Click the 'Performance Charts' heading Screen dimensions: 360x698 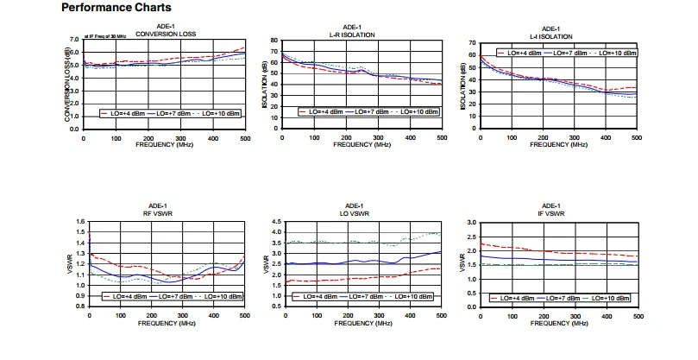point(116,8)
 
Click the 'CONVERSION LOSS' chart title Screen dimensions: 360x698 point(164,35)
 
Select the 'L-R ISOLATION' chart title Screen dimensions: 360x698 point(353,35)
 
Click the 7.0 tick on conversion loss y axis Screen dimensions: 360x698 point(72,40)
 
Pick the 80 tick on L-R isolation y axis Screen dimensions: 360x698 point(273,41)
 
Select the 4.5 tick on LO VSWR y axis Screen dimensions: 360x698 point(276,222)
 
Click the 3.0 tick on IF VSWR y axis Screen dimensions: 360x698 point(471,223)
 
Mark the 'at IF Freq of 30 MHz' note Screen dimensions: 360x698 point(104,37)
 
